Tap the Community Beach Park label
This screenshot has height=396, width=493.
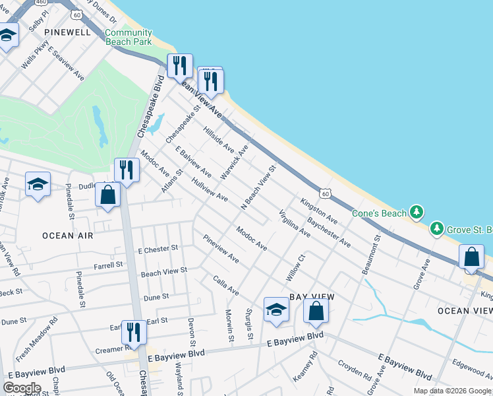[x=129, y=37]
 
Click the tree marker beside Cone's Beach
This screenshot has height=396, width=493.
[x=416, y=212]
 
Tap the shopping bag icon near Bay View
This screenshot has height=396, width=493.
[x=316, y=311]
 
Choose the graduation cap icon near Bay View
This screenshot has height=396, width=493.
[x=276, y=310]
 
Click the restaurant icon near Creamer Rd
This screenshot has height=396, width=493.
[x=134, y=333]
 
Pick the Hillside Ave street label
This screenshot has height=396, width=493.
[x=219, y=139]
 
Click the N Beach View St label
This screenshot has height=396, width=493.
[x=258, y=187]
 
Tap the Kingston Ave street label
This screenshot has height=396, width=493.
[x=319, y=210]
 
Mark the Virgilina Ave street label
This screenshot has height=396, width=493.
[x=294, y=223]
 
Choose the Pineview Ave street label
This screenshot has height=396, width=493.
[x=221, y=249]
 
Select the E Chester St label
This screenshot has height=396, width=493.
[x=158, y=249]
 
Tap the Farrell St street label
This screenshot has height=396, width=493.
[x=108, y=265]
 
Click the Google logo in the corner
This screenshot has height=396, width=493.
[x=22, y=388]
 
